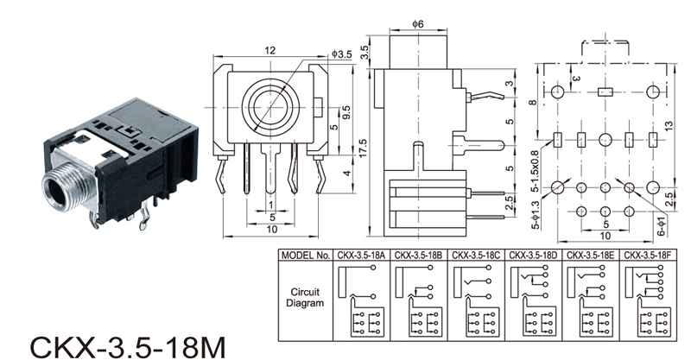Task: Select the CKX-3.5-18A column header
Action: (x=363, y=256)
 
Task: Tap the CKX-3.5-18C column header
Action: (x=477, y=256)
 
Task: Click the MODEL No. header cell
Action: (x=306, y=256)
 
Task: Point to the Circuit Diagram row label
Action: (x=306, y=299)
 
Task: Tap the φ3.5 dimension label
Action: (x=342, y=54)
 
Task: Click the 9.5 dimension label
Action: (x=345, y=113)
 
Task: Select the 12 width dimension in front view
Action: (x=270, y=52)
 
